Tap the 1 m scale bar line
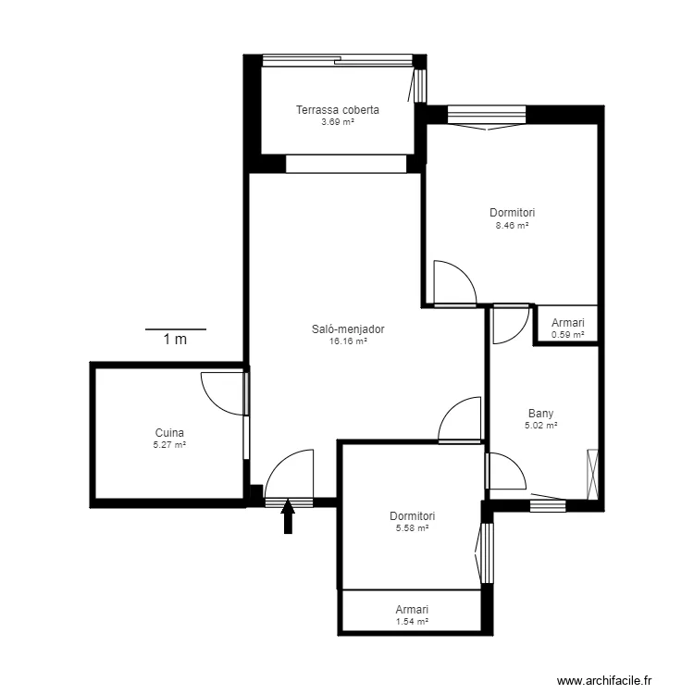(x=176, y=329)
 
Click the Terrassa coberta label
(x=338, y=110)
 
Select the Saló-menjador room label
(x=348, y=328)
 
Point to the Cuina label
(x=169, y=433)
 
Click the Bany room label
(x=541, y=414)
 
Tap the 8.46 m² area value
(x=512, y=225)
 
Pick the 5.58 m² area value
(x=412, y=528)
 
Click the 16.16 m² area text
(x=348, y=341)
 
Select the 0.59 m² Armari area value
(x=568, y=335)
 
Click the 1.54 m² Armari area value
(x=412, y=622)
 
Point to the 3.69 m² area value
(x=338, y=122)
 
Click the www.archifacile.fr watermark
(x=604, y=680)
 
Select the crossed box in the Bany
(x=592, y=475)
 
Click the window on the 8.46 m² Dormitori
(x=487, y=115)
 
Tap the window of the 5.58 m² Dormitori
(x=487, y=553)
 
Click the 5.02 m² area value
(x=541, y=426)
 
